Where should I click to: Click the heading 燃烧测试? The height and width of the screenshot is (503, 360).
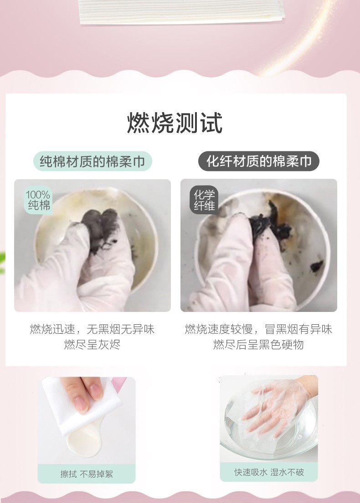(x=175, y=123)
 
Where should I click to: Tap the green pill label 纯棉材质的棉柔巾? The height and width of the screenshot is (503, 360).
(x=93, y=161)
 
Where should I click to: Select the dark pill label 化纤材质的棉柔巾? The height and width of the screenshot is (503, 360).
(x=259, y=161)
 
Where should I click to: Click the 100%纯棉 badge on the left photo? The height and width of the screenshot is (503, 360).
(x=38, y=200)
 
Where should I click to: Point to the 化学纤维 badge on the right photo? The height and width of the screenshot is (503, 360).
(x=204, y=200)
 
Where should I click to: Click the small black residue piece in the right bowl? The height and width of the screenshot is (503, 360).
(x=317, y=266)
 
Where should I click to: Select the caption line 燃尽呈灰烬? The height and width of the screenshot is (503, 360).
(x=93, y=345)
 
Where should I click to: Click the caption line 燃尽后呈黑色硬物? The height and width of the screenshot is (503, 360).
(x=258, y=345)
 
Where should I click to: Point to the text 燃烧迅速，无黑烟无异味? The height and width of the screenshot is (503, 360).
(x=93, y=329)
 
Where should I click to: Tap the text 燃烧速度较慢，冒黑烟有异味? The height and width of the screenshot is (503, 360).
(x=258, y=329)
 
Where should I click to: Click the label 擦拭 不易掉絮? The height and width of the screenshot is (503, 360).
(x=87, y=474)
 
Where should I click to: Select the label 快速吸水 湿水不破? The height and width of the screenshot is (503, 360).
(x=269, y=472)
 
